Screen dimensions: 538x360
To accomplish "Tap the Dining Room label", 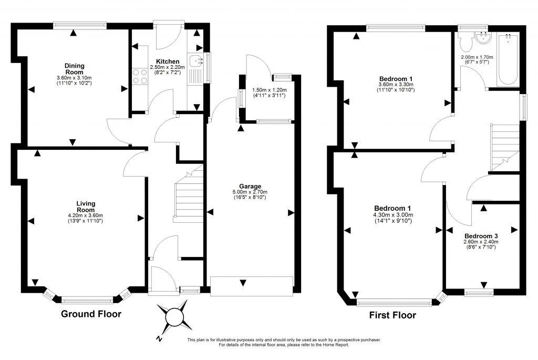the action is [75, 69].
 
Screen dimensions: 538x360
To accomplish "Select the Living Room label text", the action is [86, 207].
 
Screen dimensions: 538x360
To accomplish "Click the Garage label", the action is [250, 187].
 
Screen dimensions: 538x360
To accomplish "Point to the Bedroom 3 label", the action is [481, 236].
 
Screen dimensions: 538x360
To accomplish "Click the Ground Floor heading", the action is [91, 314].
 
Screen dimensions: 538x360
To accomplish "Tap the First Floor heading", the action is [392, 315].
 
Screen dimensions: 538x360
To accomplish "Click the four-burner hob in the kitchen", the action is [140, 76].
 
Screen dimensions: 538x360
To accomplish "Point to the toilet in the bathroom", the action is [466, 43].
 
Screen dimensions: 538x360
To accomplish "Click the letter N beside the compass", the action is [159, 339].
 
